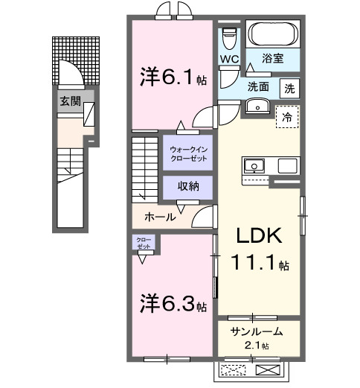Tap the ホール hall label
coord(161,217)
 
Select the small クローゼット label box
coord(143,242)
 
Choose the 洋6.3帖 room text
coord(174,305)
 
